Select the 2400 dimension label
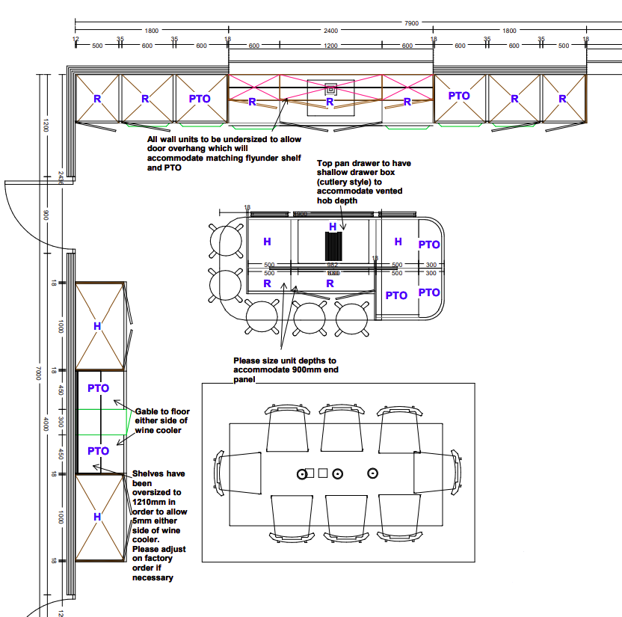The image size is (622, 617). point(330,31)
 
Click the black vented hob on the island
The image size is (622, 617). point(333,245)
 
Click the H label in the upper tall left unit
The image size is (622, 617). point(97,326)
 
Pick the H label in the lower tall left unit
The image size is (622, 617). point(97,517)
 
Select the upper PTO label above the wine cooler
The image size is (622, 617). point(99,388)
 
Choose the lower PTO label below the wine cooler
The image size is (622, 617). point(99,451)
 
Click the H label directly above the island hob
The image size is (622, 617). point(333,226)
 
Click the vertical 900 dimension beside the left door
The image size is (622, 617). point(46,215)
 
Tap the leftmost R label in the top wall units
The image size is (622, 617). point(97,99)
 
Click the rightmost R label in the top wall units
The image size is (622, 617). point(561,99)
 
